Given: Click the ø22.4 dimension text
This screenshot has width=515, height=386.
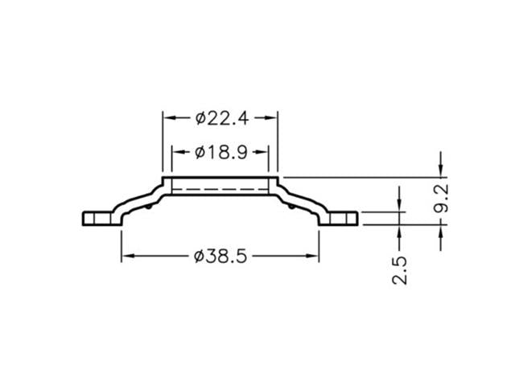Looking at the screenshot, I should click(220, 117).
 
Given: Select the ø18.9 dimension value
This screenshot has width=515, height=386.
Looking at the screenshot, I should click(220, 151).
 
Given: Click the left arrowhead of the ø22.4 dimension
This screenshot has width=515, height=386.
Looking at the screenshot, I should click(168, 117).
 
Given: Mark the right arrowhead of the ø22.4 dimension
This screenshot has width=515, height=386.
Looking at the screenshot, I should click(273, 117).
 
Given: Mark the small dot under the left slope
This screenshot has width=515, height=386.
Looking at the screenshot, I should click(152, 205).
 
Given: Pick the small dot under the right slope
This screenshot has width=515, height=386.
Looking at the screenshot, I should click(289, 205).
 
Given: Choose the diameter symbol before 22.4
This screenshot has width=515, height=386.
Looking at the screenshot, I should click(200, 117).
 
